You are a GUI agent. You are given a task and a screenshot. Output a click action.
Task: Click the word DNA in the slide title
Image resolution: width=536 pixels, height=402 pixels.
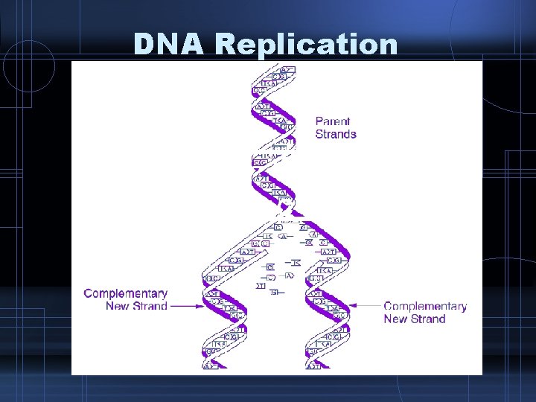point(170,44)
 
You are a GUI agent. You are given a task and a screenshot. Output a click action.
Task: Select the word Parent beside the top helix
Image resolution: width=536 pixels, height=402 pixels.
point(332,121)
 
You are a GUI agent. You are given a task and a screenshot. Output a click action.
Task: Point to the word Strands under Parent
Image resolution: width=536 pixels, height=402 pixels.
point(336,135)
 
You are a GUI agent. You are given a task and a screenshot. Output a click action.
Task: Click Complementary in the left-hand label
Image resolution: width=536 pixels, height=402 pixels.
point(126,293)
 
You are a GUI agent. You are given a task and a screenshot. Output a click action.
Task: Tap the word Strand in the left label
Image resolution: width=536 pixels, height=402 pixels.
point(150,306)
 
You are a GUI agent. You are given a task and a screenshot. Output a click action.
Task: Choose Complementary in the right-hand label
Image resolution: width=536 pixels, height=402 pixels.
point(425,306)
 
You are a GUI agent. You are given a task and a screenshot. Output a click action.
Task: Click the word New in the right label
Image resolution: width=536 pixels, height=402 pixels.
point(395,319)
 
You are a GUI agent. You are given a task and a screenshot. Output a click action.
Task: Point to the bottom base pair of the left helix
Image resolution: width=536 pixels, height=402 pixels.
point(211,366)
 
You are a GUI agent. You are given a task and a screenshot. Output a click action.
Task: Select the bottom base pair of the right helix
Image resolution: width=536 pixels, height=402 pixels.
point(313,366)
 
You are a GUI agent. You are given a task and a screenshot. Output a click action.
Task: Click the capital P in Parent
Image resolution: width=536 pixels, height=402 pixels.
point(319,121)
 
